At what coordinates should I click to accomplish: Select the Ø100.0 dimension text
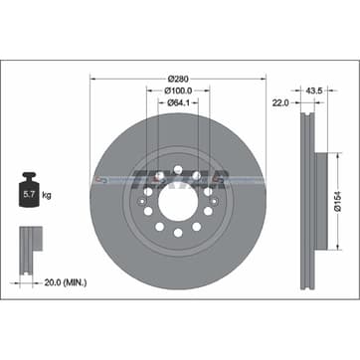coord(178,91)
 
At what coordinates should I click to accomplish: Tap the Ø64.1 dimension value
coord(178,104)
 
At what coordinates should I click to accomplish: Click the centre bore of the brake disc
coord(177,192)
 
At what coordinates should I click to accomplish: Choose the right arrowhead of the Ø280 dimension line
coord(262,78)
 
